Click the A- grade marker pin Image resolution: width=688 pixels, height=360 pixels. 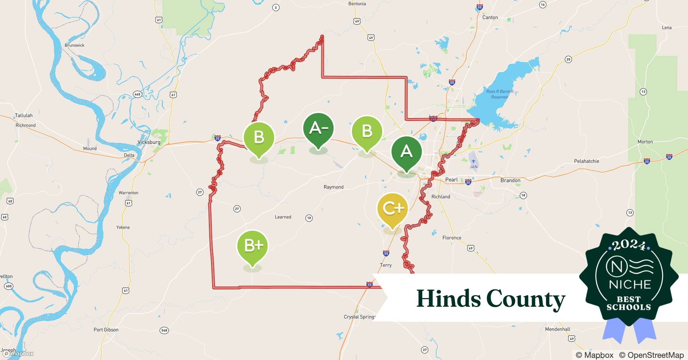318,129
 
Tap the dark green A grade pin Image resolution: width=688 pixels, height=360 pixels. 406,152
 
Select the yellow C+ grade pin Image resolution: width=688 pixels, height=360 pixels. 392,209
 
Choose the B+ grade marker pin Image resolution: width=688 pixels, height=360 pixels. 253,246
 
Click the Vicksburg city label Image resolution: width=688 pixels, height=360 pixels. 149,142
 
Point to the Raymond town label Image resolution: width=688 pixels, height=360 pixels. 334,187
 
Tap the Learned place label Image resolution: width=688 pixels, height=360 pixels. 283,217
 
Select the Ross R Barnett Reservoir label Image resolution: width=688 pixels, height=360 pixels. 500,94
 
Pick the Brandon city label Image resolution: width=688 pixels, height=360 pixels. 510,180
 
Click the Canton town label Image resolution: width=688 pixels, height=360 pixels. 490,17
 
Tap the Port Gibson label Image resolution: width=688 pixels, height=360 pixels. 106,330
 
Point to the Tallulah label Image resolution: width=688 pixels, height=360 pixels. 24,116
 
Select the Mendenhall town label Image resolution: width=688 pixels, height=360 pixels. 558,329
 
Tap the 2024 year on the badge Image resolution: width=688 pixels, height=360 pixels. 629,246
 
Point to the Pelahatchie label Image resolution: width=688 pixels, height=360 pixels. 586,161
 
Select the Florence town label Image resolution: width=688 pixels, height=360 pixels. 452,238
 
